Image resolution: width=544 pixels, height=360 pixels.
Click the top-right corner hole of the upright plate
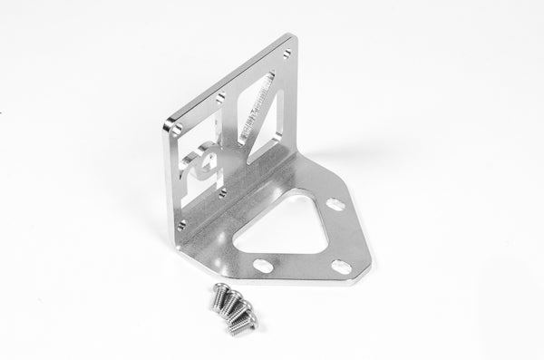tap(286, 54)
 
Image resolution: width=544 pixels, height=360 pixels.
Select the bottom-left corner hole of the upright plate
tap(181, 223)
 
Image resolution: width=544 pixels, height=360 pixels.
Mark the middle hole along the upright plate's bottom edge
tap(222, 192)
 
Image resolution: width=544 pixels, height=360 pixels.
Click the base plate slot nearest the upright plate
tap(334, 205)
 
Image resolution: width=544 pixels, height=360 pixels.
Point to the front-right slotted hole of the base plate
tap(341, 267)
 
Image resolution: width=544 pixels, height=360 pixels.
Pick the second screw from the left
tap(231, 302)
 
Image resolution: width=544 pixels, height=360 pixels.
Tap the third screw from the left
tap(240, 310)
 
